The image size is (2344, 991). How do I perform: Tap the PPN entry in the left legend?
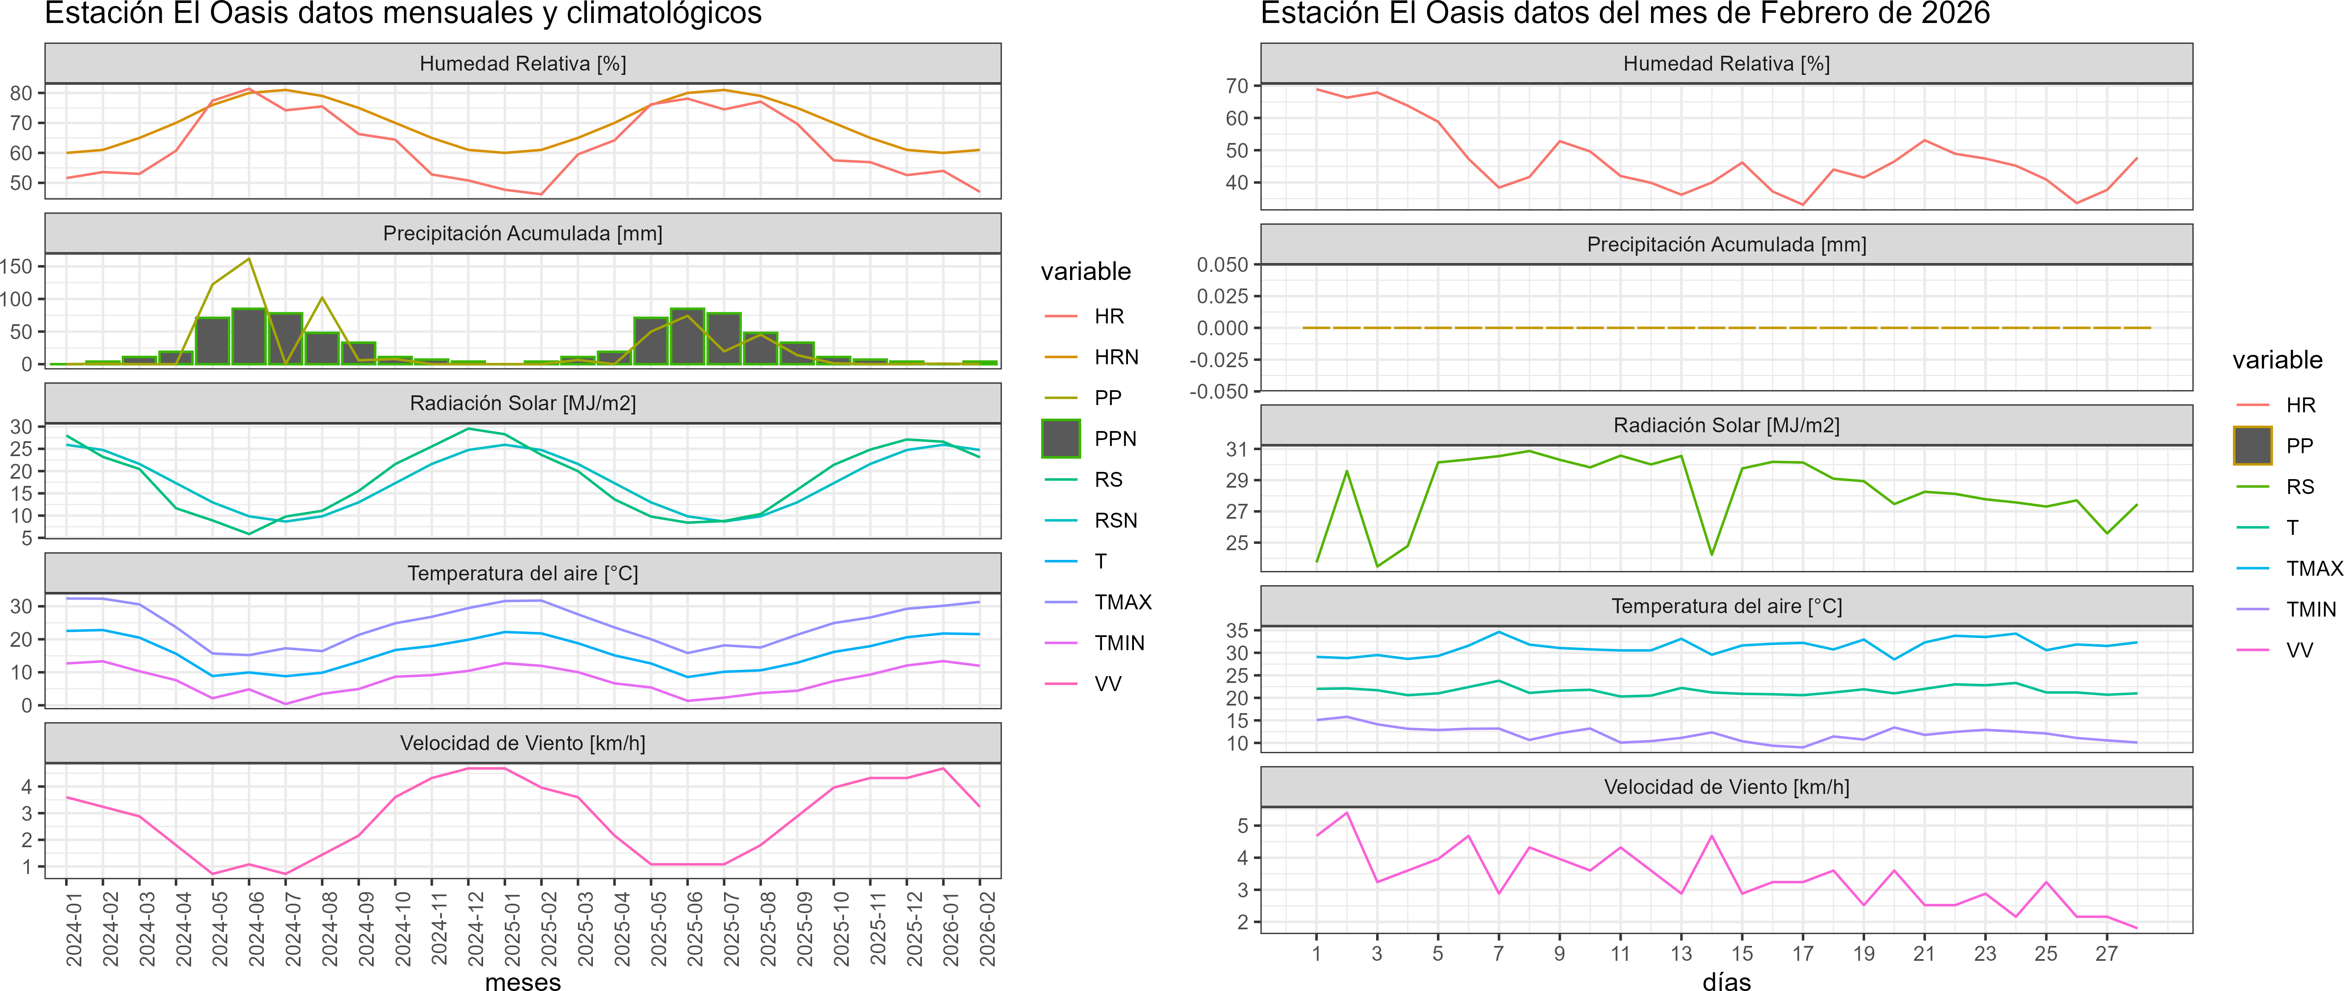click(1115, 439)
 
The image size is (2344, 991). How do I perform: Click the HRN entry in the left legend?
click(1116, 357)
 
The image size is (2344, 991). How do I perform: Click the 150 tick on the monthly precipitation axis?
click(16, 267)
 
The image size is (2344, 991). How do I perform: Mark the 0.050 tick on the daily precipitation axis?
click(1222, 265)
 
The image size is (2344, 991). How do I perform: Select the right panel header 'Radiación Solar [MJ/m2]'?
click(1726, 425)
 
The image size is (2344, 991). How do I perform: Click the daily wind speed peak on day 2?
click(1347, 813)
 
